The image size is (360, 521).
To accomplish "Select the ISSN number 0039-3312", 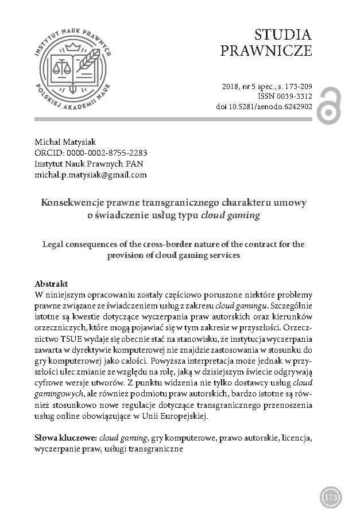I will [x=292, y=96].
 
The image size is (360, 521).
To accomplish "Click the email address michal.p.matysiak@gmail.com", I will [x=91, y=175].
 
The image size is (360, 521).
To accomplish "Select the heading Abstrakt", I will [x=52, y=284].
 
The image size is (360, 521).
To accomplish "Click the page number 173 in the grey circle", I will [x=331, y=497].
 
